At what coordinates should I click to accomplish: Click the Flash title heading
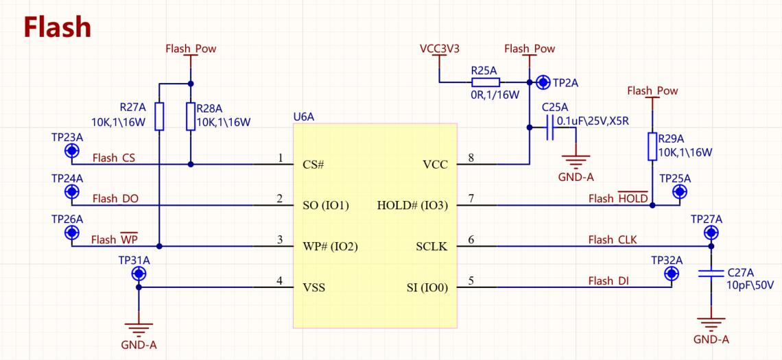[x=58, y=27]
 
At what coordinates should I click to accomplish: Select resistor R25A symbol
[x=485, y=83]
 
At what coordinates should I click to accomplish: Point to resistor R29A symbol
[x=652, y=147]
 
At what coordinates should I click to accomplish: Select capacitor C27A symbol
[x=711, y=273]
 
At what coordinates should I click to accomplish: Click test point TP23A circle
[x=72, y=150]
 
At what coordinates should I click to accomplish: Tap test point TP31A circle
[x=139, y=273]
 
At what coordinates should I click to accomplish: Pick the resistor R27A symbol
[x=158, y=117]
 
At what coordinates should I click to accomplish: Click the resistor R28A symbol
[x=191, y=117]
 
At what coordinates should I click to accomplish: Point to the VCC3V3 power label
[x=440, y=49]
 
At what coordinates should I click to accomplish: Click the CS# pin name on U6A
[x=313, y=165]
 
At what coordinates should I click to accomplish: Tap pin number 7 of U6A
[x=471, y=199]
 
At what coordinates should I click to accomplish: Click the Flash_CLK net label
[x=613, y=240]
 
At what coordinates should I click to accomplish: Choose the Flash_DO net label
[x=116, y=199]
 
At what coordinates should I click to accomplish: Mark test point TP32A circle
[x=672, y=273]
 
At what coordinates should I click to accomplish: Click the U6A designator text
[x=304, y=117]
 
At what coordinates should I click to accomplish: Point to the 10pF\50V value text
[x=750, y=286]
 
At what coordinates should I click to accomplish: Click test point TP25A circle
[x=679, y=191]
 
